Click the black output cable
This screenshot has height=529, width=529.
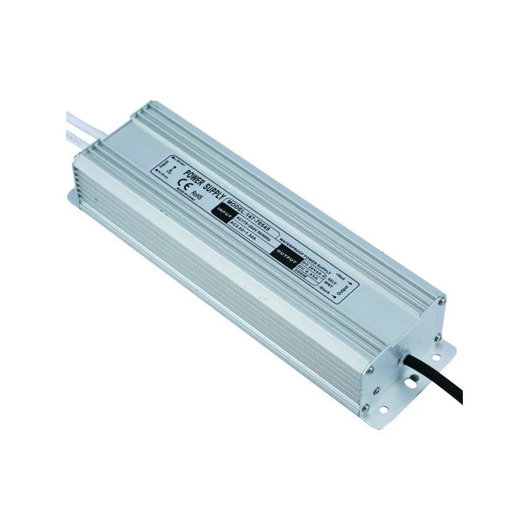[442, 383]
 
